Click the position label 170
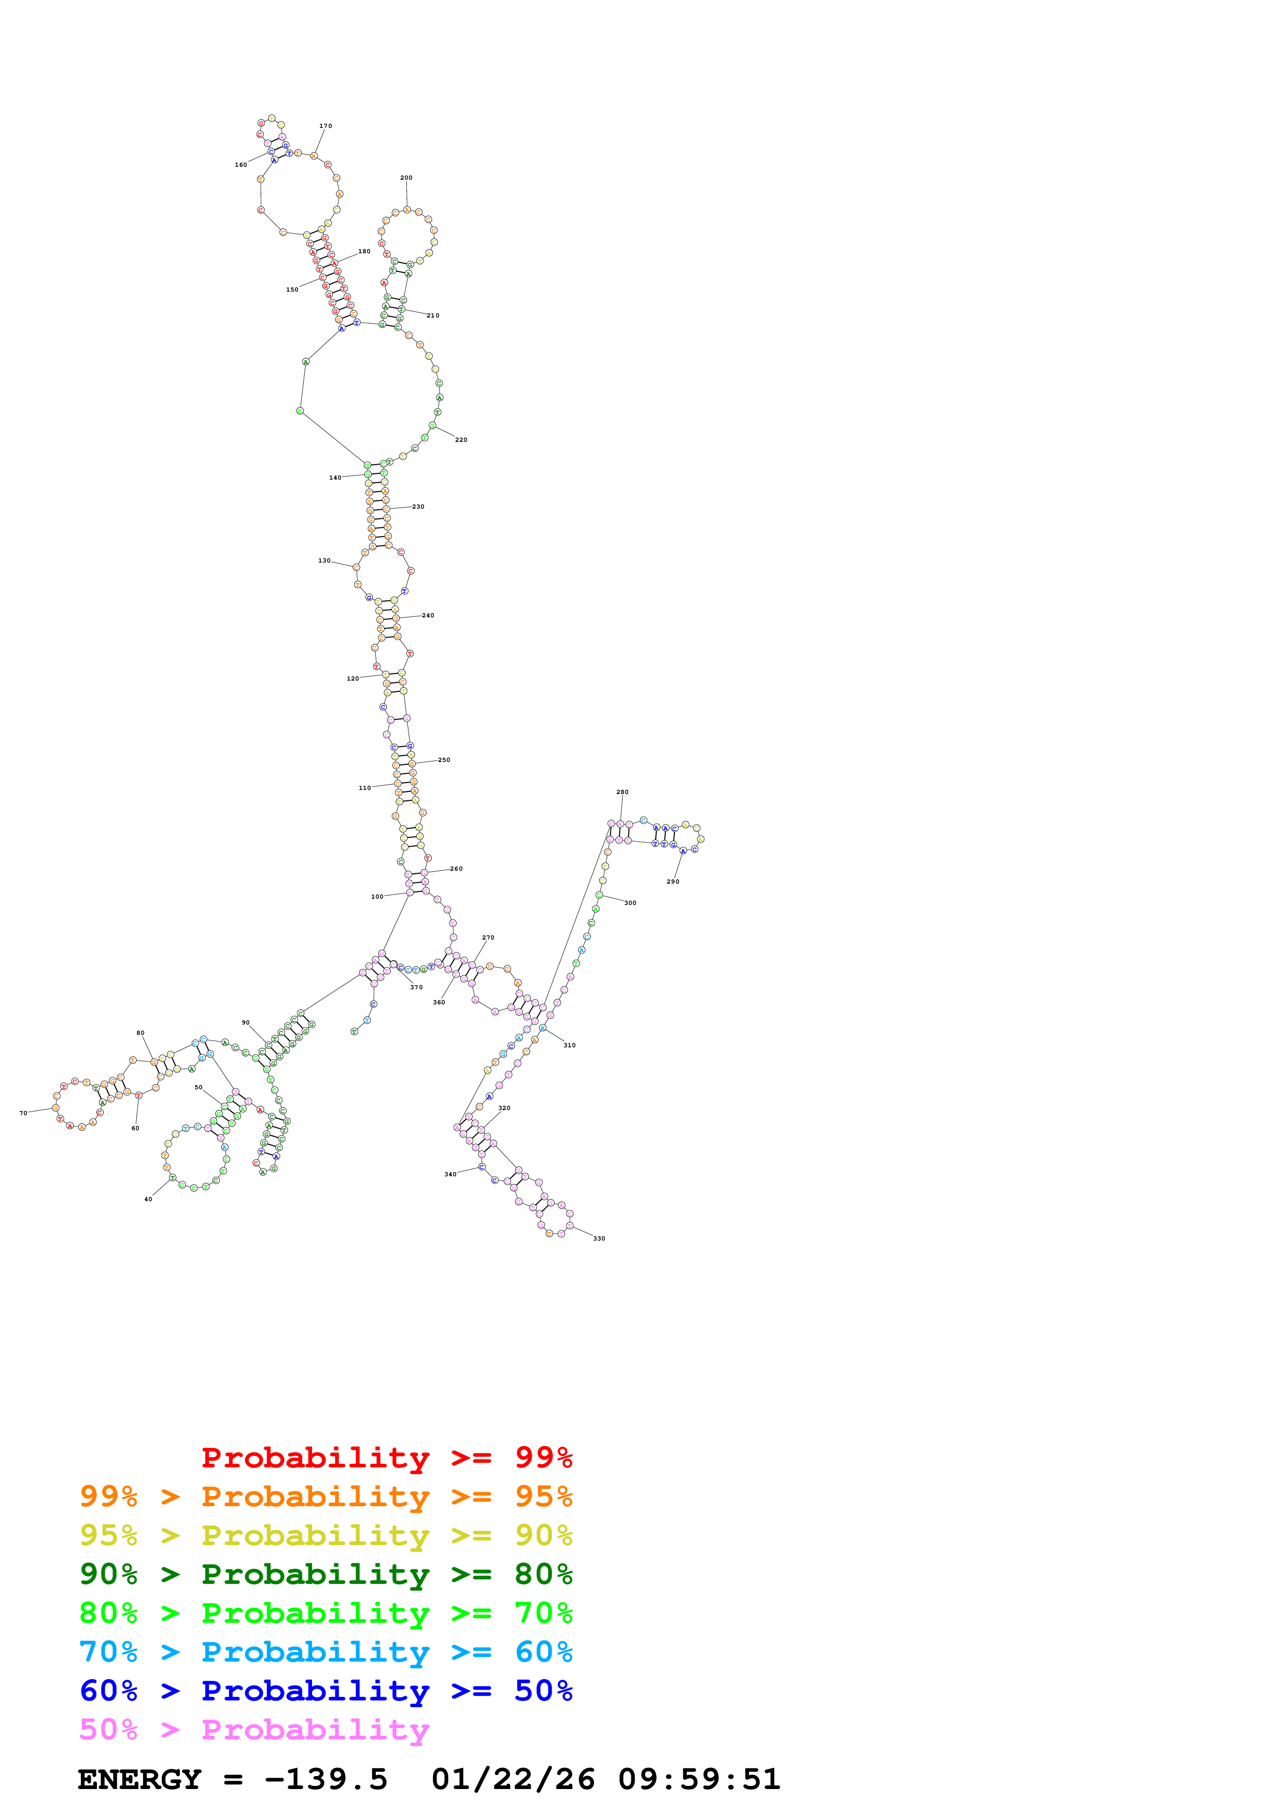click(326, 126)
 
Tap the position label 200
click(406, 178)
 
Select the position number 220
click(461, 440)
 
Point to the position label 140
click(335, 478)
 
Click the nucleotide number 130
click(324, 561)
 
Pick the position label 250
click(444, 760)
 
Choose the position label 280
click(623, 792)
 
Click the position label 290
click(672, 882)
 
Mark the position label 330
click(599, 1238)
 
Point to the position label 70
click(23, 1114)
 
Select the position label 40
click(148, 1200)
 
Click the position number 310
click(569, 1045)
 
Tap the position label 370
click(416, 988)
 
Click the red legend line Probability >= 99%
click(386, 1458)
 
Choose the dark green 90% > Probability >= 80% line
click(326, 1574)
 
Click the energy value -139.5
click(326, 1780)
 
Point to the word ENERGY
click(139, 1780)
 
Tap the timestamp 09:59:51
click(699, 1780)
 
